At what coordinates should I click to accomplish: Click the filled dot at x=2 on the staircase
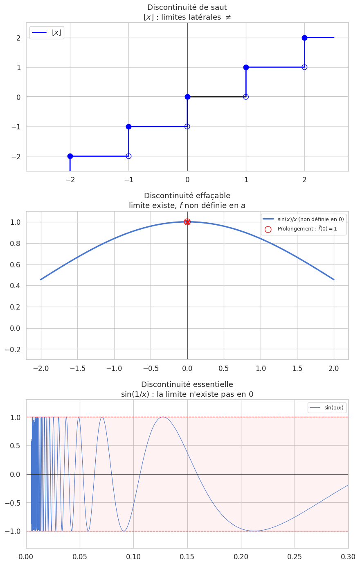[304, 38]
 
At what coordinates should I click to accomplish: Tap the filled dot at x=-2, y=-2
[70, 156]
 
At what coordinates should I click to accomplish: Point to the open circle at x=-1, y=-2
[128, 156]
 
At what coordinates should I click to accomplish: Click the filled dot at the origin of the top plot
[187, 97]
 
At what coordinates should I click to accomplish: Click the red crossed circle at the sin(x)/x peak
[187, 222]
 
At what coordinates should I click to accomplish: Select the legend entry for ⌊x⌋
[47, 33]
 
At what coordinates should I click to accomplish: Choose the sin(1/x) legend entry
[327, 408]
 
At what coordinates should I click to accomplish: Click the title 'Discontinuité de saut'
[187, 7]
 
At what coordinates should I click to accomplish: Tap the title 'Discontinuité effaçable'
[187, 196]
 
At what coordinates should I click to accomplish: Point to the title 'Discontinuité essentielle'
[187, 384]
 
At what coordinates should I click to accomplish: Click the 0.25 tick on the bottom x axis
[295, 557]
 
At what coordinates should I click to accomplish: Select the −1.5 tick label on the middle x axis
[77, 368]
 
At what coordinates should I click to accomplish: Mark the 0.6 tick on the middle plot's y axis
[16, 264]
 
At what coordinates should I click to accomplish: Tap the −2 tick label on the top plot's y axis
[16, 156]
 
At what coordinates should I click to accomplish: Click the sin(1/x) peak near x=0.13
[163, 417]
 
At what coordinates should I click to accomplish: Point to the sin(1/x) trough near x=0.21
[254, 531]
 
